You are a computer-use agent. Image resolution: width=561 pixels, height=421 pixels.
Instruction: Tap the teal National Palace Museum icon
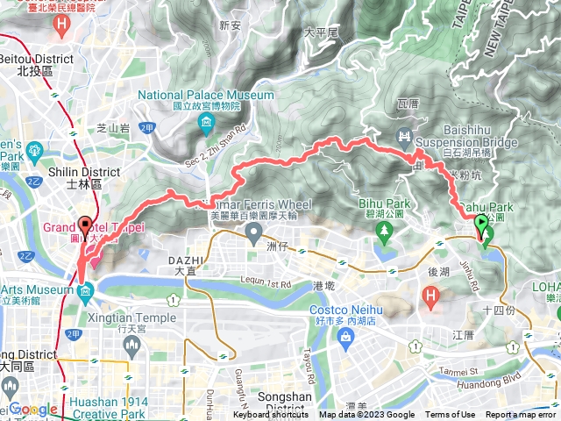coord(206,120)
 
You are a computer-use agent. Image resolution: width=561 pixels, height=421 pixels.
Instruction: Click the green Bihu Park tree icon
coord(384,233)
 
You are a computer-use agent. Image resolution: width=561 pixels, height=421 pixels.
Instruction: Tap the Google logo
coord(33,410)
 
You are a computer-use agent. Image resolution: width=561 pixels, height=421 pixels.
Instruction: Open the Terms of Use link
coord(451,415)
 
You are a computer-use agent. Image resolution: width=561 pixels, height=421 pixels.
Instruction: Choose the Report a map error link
coord(522,415)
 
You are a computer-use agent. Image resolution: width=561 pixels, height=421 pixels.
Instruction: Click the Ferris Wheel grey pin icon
coord(254,233)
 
